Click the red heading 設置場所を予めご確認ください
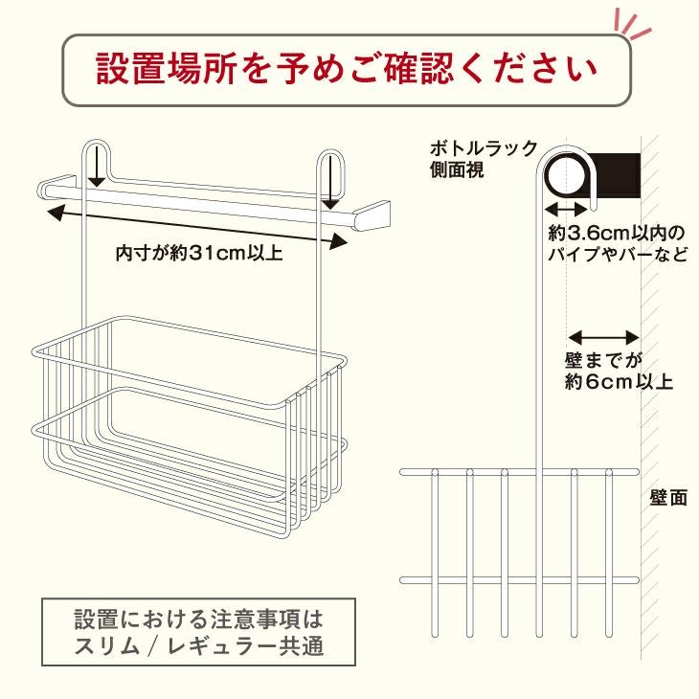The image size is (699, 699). (347, 69)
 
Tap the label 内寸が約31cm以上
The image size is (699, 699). (199, 253)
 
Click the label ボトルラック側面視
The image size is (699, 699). (484, 159)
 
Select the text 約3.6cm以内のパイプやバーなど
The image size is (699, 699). (618, 244)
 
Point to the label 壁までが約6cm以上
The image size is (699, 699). (619, 372)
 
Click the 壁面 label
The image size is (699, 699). (668, 498)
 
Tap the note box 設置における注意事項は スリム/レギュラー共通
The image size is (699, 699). (199, 632)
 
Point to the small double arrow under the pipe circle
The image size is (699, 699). (567, 208)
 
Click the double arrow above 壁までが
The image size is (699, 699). (604, 337)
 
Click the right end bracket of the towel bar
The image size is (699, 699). (372, 216)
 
